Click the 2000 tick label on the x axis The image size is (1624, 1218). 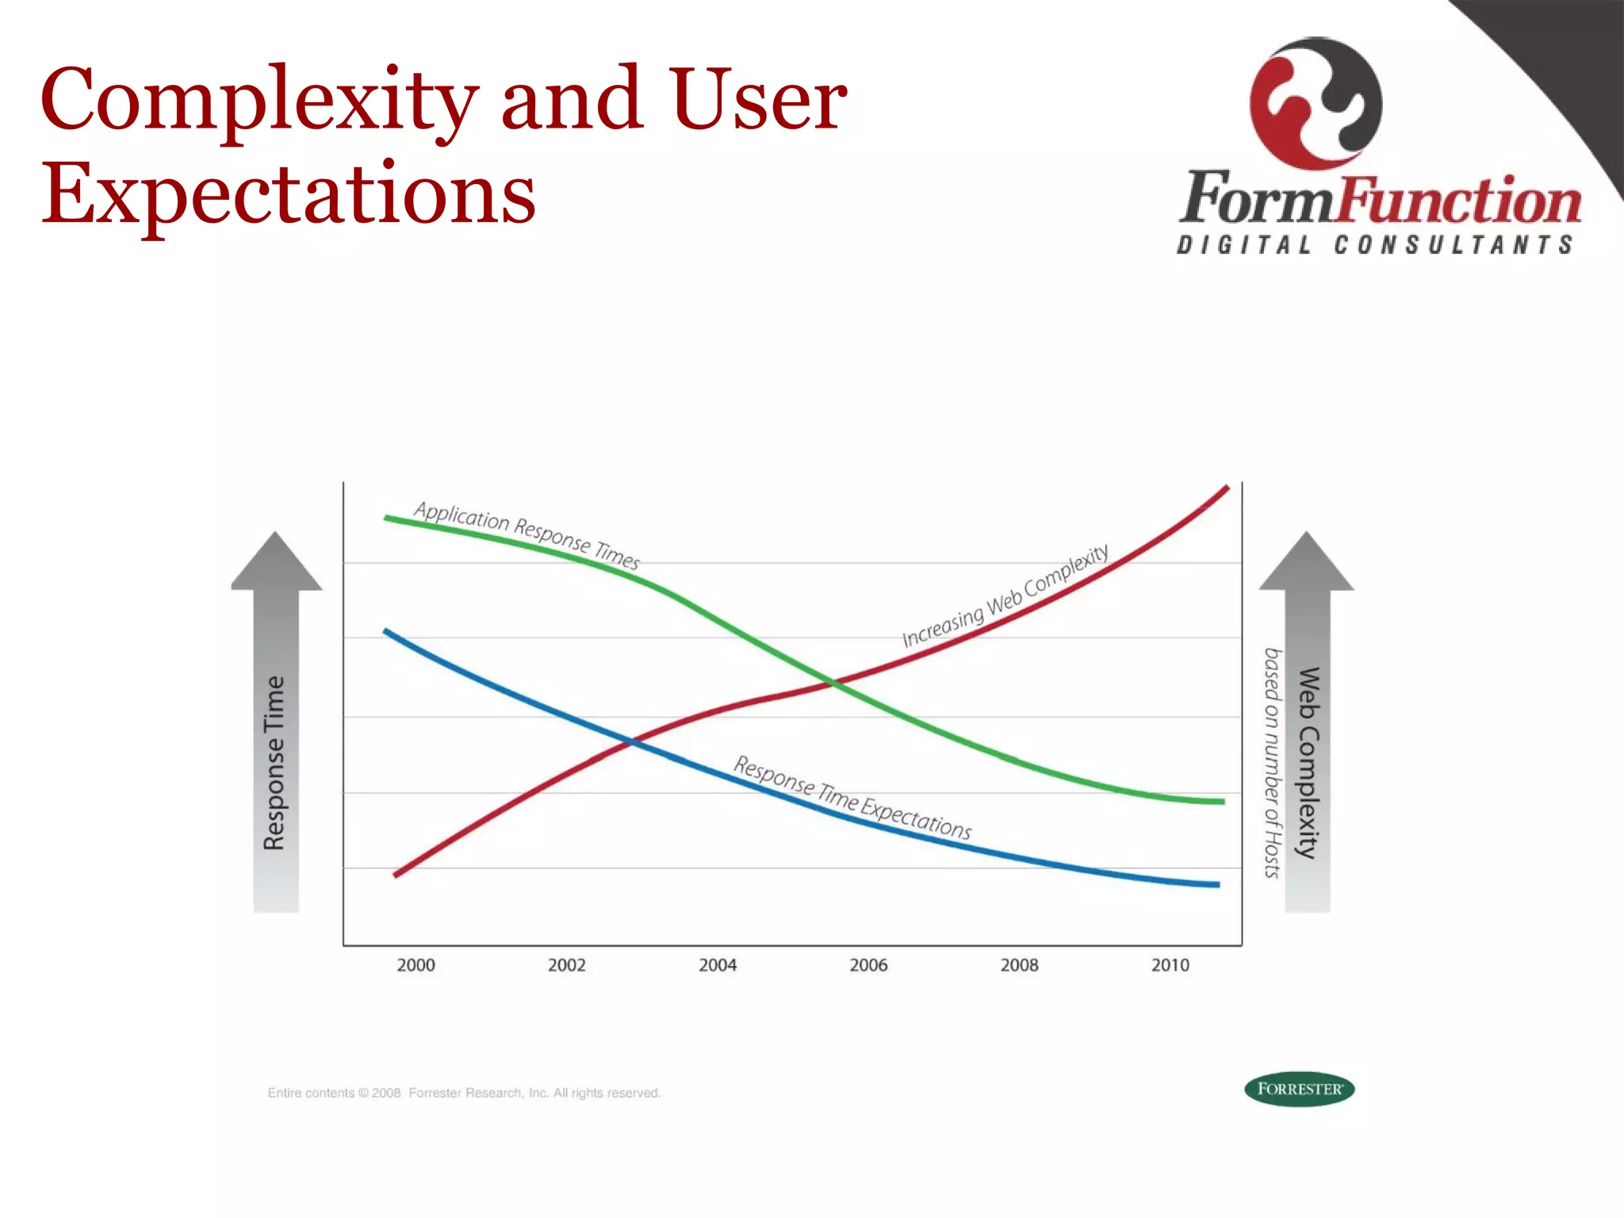(x=416, y=965)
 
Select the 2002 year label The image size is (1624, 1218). (x=566, y=965)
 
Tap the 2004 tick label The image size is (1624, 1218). (x=718, y=965)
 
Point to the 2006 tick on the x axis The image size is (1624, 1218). (x=868, y=965)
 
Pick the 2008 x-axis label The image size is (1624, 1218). (x=1019, y=965)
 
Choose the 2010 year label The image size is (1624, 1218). (x=1170, y=965)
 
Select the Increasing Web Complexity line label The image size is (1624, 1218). (x=1005, y=596)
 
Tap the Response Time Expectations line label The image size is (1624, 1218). (x=852, y=798)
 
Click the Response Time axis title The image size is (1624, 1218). (x=274, y=763)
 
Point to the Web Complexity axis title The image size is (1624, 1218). (x=1308, y=763)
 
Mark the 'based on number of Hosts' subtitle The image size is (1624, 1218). (x=1272, y=763)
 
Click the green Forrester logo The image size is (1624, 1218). (x=1299, y=1089)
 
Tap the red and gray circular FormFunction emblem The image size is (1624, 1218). (x=1316, y=103)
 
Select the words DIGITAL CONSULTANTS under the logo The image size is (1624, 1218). (x=1375, y=245)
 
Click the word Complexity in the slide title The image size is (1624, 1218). (x=259, y=100)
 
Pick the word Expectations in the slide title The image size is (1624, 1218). (x=289, y=193)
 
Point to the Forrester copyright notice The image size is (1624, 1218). (x=464, y=1093)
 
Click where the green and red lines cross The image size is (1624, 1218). (x=832, y=682)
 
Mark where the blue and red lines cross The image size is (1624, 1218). (x=631, y=743)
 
